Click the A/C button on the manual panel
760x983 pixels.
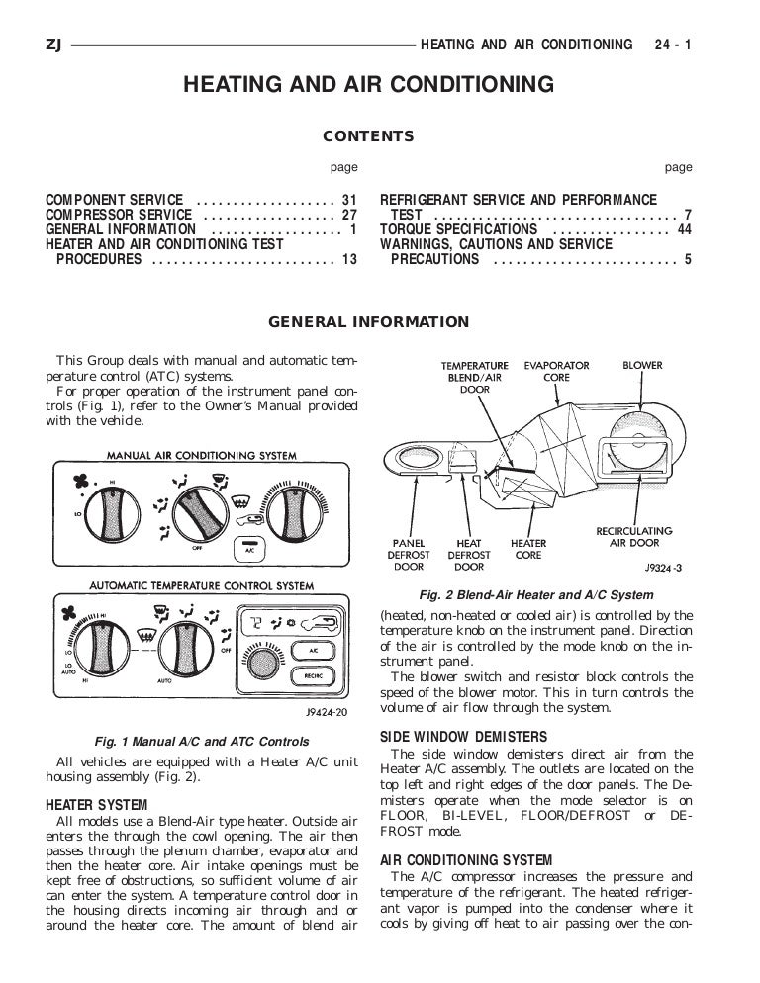[x=247, y=548]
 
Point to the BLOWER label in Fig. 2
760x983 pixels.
[x=642, y=365]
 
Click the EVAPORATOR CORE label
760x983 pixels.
[x=556, y=371]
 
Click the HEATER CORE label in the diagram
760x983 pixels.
[x=527, y=549]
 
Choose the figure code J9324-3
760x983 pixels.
[x=664, y=569]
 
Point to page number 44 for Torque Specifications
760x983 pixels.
[x=684, y=229]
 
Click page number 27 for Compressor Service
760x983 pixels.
[x=349, y=215]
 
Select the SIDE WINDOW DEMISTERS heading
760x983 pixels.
[x=449, y=737]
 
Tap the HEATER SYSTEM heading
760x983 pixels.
[x=97, y=805]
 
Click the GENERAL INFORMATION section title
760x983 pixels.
[x=369, y=321]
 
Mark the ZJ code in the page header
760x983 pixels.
[x=54, y=45]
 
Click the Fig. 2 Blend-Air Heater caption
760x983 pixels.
[x=536, y=595]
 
